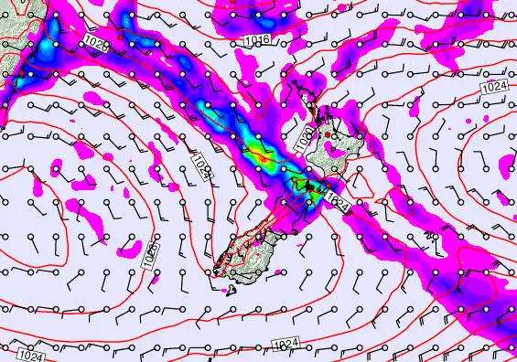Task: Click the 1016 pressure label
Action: tap(257, 40)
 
